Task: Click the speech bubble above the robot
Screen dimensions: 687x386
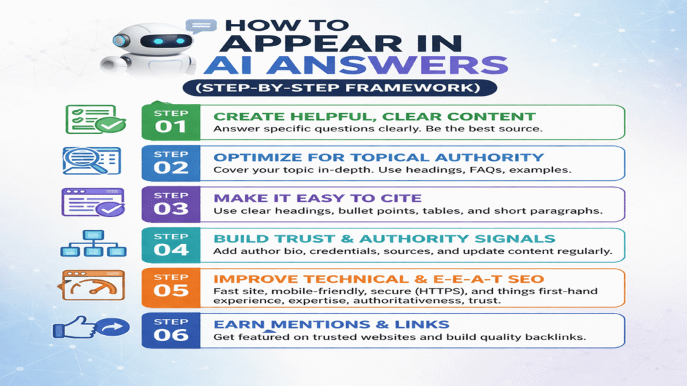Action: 201,26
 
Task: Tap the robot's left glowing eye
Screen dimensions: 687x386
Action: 158,41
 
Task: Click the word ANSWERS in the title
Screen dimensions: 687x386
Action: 387,65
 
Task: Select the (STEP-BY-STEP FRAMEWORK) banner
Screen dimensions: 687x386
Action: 339,88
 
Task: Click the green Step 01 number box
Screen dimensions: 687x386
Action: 171,122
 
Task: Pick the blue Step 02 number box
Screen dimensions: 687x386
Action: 171,163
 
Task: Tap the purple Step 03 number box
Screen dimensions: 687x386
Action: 171,204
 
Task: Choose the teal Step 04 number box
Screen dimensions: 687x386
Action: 171,245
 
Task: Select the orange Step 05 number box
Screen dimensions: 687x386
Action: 171,287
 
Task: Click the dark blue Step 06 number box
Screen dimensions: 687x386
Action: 171,330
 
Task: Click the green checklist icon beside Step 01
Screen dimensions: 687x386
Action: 95,119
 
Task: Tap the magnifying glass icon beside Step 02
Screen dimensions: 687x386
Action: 91,161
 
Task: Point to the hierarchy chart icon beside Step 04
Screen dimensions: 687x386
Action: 93,243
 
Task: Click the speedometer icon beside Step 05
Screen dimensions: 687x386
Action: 91,285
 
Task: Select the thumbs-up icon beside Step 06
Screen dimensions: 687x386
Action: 91,327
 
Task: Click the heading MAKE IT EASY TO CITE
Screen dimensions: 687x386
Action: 317,198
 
